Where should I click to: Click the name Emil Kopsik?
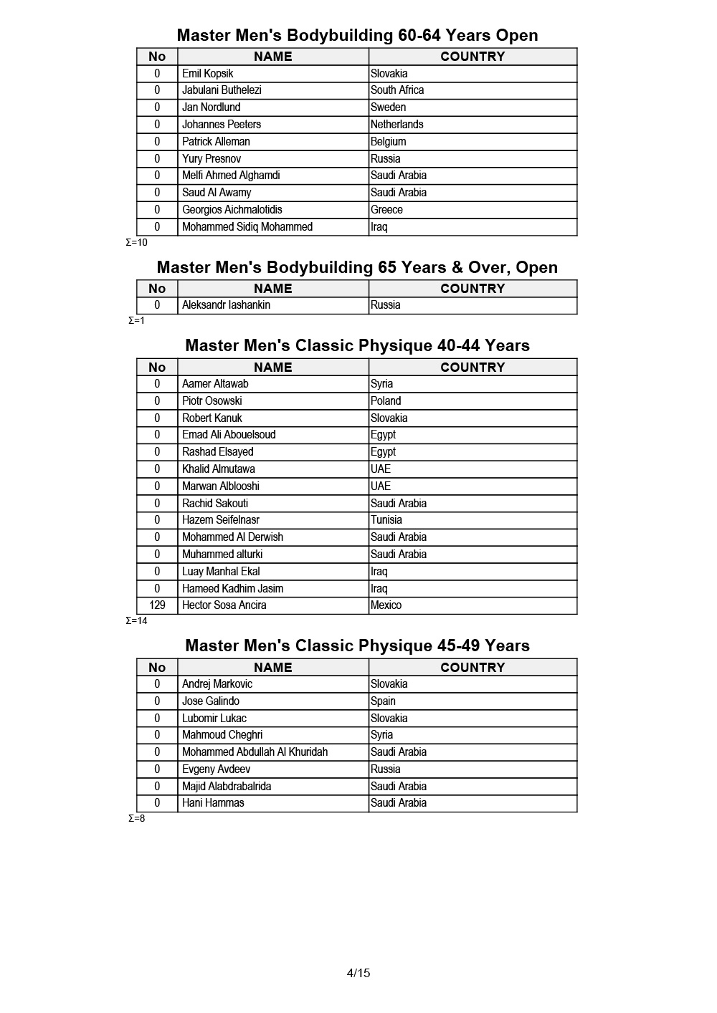[x=208, y=73]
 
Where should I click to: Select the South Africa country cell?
[x=397, y=90]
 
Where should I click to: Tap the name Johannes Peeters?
[x=222, y=125]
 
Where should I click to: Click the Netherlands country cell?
[x=397, y=125]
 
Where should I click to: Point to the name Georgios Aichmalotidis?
[x=232, y=210]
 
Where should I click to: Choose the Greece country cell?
[x=387, y=210]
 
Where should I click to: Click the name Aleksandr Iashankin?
[x=226, y=305]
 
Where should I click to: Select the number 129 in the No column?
[x=157, y=605]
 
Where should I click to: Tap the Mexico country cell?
[x=386, y=605]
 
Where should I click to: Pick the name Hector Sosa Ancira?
[x=224, y=605]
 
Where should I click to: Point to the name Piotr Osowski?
[x=212, y=401]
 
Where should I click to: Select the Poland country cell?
[x=386, y=401]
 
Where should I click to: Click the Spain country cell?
[x=384, y=701]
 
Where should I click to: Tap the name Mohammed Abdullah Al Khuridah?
[x=255, y=752]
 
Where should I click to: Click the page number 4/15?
[x=358, y=973]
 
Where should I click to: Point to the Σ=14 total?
[x=137, y=621]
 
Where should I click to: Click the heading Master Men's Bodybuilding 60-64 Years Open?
[x=357, y=35]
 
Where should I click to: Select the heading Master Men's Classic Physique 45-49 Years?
[x=357, y=645]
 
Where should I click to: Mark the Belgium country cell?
[x=389, y=142]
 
